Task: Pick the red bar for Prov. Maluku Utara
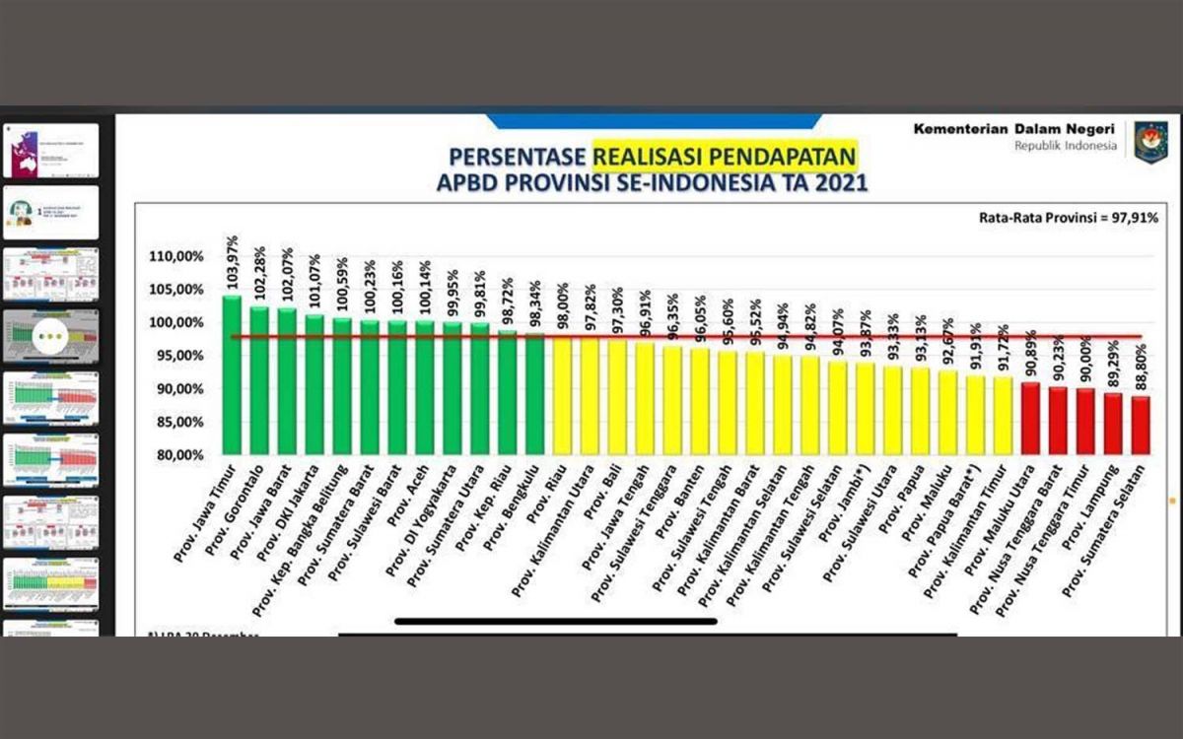coord(1030,419)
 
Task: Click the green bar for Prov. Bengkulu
coord(535,394)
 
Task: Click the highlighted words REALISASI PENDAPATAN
coord(725,157)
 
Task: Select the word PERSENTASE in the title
coord(518,158)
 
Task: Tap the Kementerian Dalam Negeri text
coord(1014,129)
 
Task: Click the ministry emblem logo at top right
coord(1150,141)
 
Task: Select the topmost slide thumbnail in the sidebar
coord(50,150)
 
